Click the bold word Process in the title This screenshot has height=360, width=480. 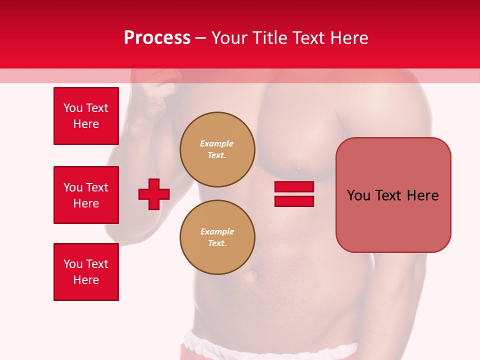click(157, 38)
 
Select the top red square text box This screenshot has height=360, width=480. click(86, 116)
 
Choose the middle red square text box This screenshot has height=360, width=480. click(86, 195)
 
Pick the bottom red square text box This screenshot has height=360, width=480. click(86, 272)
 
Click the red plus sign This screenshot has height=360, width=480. click(154, 194)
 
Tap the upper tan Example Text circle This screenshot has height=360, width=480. click(217, 149)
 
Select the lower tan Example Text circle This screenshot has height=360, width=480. click(217, 237)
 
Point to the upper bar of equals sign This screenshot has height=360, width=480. click(294, 187)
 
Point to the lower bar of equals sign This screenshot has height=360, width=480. click(294, 201)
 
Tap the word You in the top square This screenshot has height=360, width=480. click(72, 108)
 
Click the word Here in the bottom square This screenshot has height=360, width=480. click(86, 280)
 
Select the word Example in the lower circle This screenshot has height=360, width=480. click(217, 231)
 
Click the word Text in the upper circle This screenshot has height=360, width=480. click(216, 155)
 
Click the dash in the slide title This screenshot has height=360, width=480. click(200, 38)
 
